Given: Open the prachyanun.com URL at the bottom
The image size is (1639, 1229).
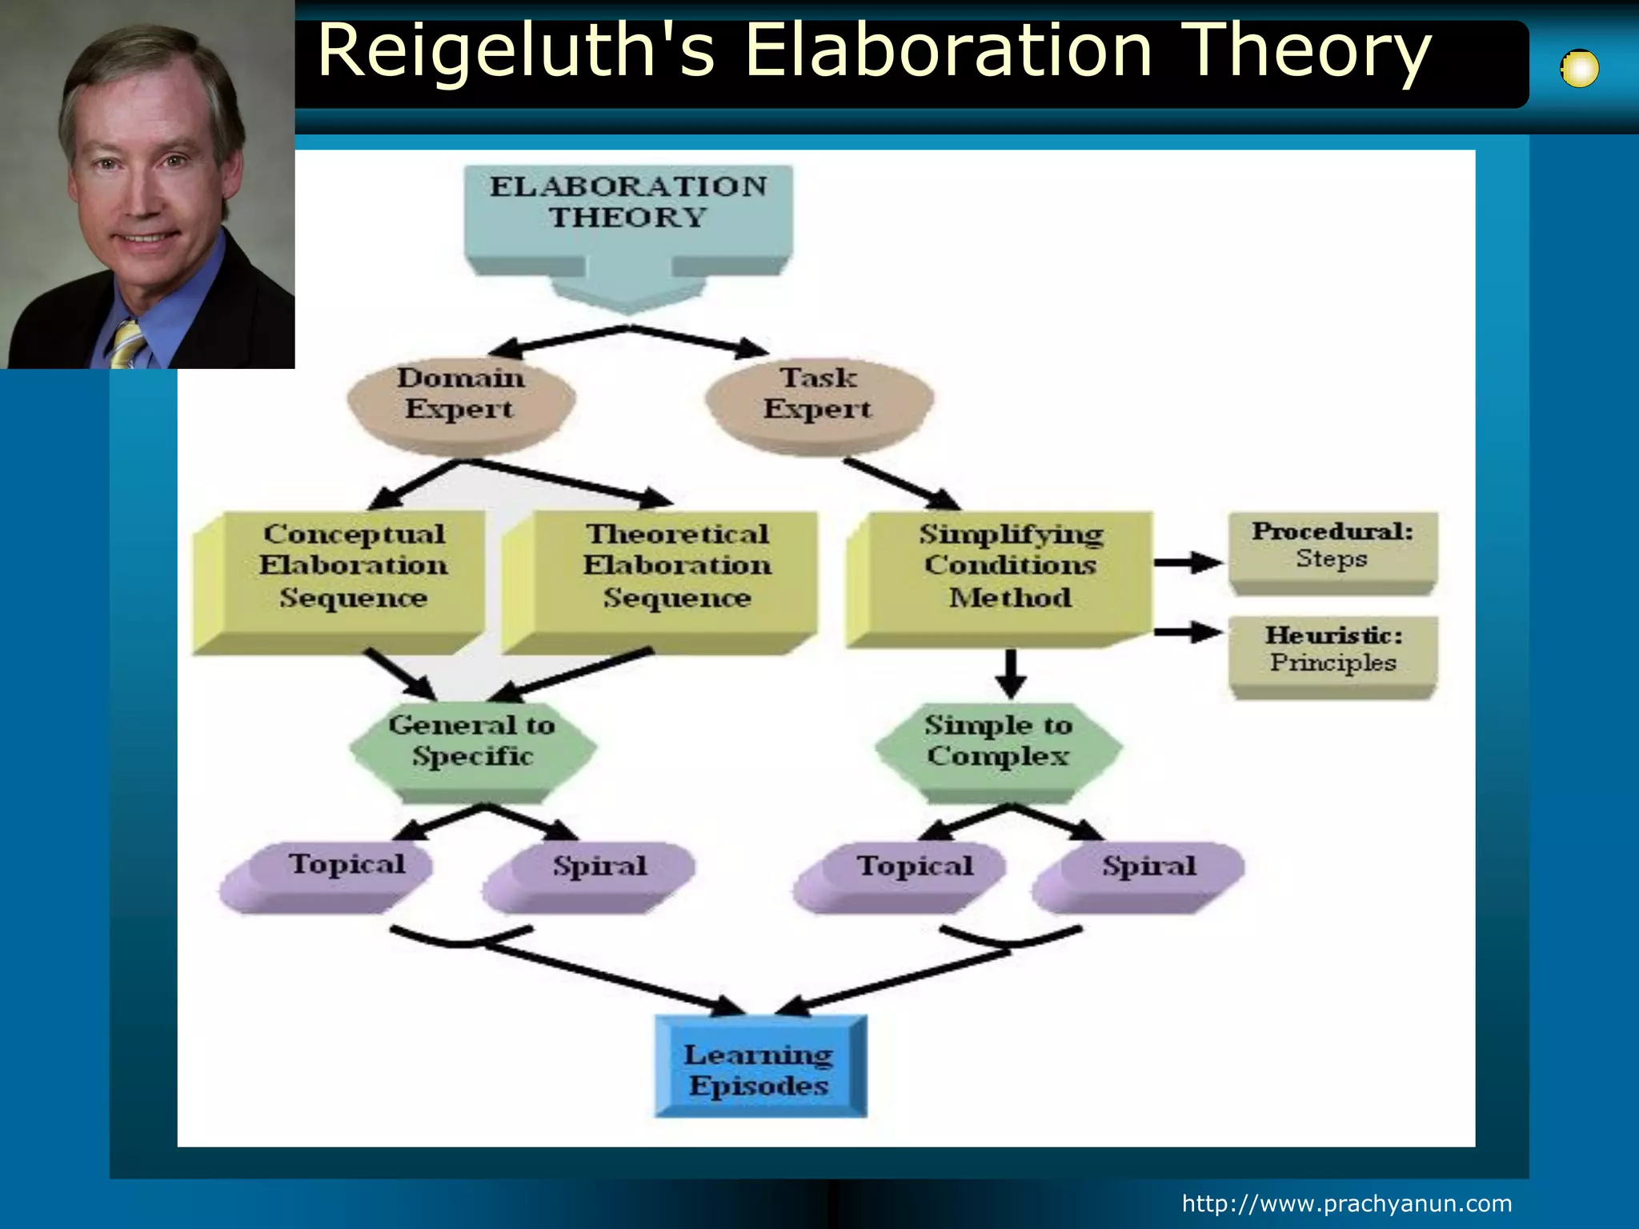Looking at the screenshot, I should point(1347,1203).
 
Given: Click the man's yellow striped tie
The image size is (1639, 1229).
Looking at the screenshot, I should point(128,344).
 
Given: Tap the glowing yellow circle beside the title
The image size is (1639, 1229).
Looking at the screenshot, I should point(1580,69).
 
